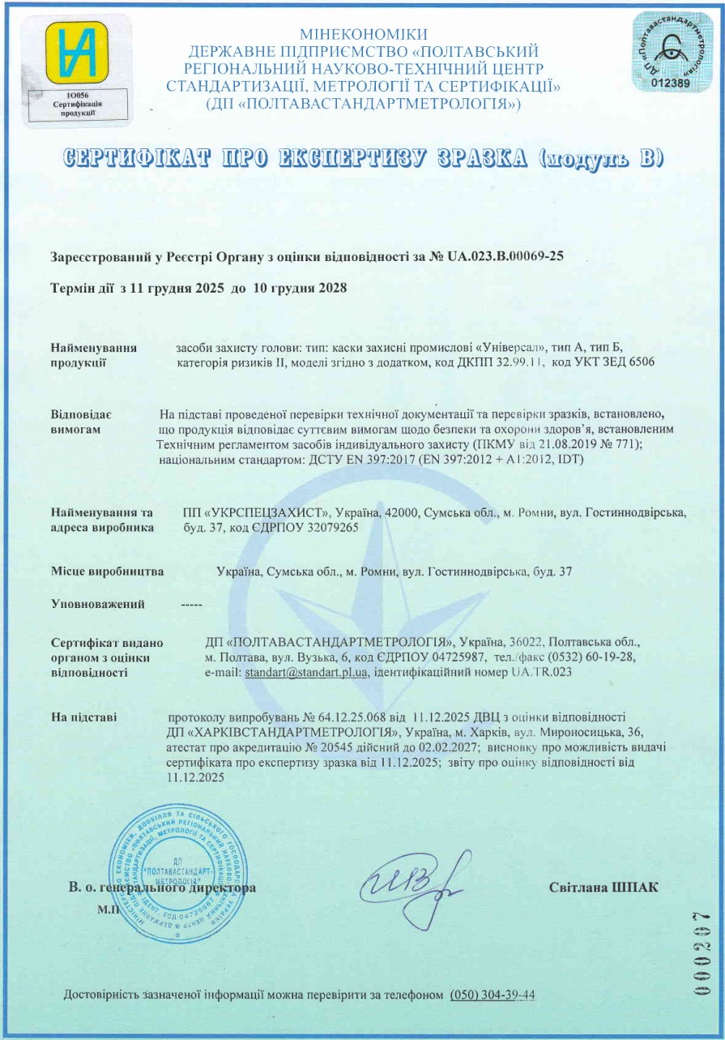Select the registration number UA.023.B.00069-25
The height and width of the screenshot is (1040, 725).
(505, 256)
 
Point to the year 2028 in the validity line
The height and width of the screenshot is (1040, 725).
(331, 289)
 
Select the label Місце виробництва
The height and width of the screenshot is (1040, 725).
(107, 571)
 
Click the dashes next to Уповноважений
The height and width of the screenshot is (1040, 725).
(192, 604)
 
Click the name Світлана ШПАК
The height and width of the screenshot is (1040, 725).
(603, 888)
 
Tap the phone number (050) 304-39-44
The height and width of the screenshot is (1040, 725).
(493, 995)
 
